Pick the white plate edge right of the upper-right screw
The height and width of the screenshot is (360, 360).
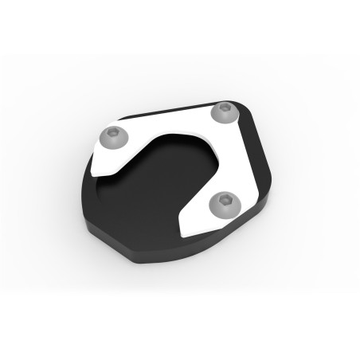click(241, 116)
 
